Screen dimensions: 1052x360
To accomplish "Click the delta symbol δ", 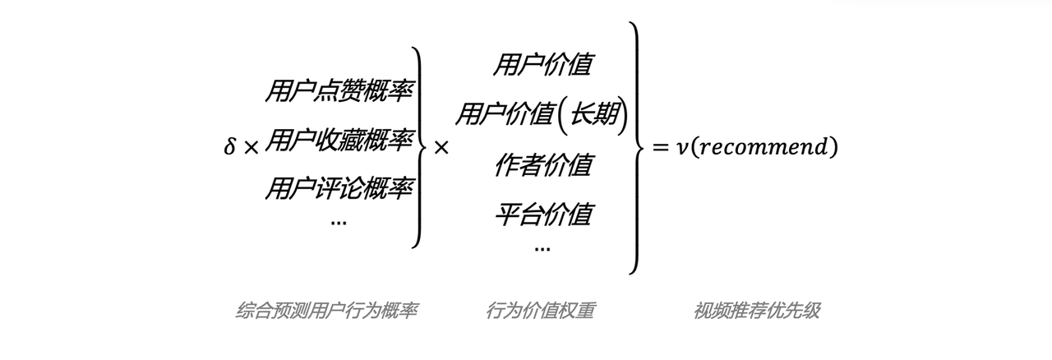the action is tap(229, 146).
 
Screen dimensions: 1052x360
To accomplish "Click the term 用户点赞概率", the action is tap(339, 90).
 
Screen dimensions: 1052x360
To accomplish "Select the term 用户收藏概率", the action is tap(339, 140).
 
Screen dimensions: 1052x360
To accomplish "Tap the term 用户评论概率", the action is tap(339, 189).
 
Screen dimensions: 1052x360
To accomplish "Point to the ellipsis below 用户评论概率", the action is tap(339, 223).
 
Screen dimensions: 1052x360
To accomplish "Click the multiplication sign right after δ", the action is tap(251, 148).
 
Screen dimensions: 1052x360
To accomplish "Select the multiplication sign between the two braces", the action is tap(441, 148).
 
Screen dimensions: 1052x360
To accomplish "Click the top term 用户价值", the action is tap(543, 64).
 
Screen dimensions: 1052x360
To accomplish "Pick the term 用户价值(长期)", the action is tap(542, 114).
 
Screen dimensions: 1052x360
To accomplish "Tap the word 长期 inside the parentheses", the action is tap(594, 113).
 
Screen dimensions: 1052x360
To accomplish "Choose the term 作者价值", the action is tap(543, 164).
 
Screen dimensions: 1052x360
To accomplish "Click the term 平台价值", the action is tap(543, 215).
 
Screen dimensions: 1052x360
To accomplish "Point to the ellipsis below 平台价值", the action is tap(542, 248).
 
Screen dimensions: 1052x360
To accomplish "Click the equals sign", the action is tap(660, 148).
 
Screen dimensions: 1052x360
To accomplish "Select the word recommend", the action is tap(765, 147).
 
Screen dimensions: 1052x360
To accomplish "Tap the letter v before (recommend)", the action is tap(681, 149).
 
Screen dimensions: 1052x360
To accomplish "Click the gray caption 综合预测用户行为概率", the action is tap(326, 311).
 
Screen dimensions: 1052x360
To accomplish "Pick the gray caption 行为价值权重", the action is tap(540, 311).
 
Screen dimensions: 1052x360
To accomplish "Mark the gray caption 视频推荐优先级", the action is tap(757, 311).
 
